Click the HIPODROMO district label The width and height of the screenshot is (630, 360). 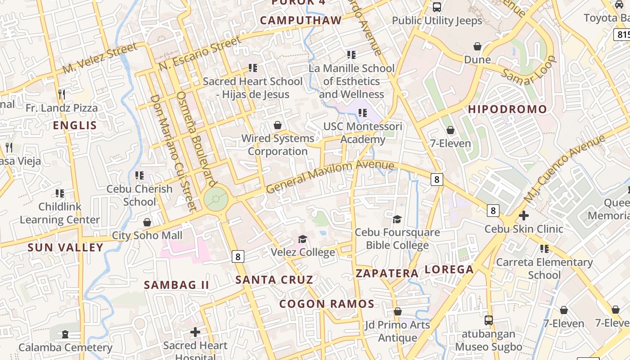(508, 109)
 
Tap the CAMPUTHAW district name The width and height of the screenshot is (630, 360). (301, 20)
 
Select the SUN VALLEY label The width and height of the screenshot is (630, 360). (66, 247)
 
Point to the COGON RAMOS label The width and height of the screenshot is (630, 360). (327, 304)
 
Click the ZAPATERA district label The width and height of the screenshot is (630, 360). (387, 273)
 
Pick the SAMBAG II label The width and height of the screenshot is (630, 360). (176, 284)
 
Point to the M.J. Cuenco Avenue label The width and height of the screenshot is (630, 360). (564, 169)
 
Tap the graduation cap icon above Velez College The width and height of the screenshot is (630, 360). (303, 239)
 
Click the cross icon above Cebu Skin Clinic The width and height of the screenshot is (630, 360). (524, 216)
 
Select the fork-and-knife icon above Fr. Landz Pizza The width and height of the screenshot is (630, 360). (62, 94)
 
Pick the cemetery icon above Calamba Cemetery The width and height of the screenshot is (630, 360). (65, 334)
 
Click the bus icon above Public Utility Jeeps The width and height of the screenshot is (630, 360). (437, 7)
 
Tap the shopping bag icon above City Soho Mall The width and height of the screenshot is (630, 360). (147, 222)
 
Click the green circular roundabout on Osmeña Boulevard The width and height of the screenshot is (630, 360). (216, 198)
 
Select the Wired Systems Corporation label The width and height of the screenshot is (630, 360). (278, 144)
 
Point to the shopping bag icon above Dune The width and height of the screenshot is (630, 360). (477, 46)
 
